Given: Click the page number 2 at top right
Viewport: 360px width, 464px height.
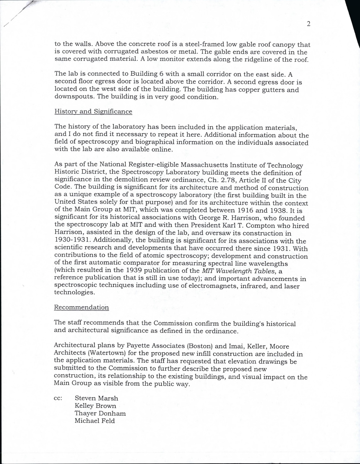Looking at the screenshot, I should click(308, 24).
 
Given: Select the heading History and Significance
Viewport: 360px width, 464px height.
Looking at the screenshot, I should click(93, 112).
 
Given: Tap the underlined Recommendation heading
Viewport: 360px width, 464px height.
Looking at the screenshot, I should click(81, 307).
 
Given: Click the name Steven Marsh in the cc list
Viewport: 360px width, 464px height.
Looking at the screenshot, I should click(96, 398).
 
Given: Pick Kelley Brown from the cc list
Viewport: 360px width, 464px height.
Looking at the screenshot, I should click(95, 406).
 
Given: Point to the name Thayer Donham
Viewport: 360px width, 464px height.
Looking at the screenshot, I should click(100, 414).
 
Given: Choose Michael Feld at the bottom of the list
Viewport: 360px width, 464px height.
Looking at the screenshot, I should click(95, 421).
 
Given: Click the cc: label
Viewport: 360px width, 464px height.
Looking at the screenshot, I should click(58, 398).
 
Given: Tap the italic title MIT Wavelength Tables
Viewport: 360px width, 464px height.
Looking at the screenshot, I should click(239, 271).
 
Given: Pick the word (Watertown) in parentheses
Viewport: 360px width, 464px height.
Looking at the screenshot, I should click(106, 354).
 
